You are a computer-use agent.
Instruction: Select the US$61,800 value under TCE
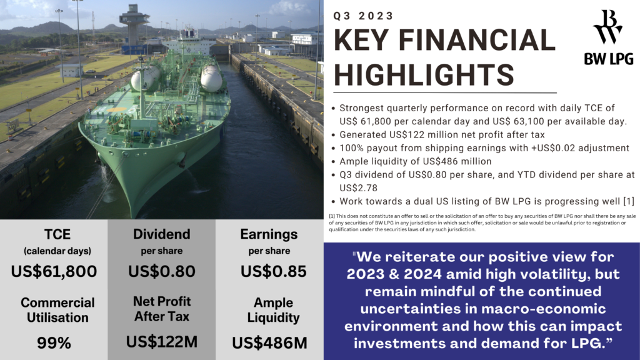coord(54,271)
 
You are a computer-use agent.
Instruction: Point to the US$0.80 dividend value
coord(162,271)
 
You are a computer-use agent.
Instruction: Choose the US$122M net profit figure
coord(162,342)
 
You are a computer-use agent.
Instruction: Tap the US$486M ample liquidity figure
coord(269,342)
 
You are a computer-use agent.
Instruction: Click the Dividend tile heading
coord(162,234)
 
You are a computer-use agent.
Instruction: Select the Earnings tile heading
coord(269,234)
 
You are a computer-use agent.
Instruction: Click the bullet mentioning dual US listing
coord(481,201)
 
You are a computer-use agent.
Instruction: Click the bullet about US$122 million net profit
coord(437,134)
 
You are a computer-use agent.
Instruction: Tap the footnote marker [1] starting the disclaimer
coord(332,216)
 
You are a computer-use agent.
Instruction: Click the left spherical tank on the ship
coord(144,78)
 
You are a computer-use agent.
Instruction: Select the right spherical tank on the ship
coord(211,78)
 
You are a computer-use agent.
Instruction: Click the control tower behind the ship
coord(135,22)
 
